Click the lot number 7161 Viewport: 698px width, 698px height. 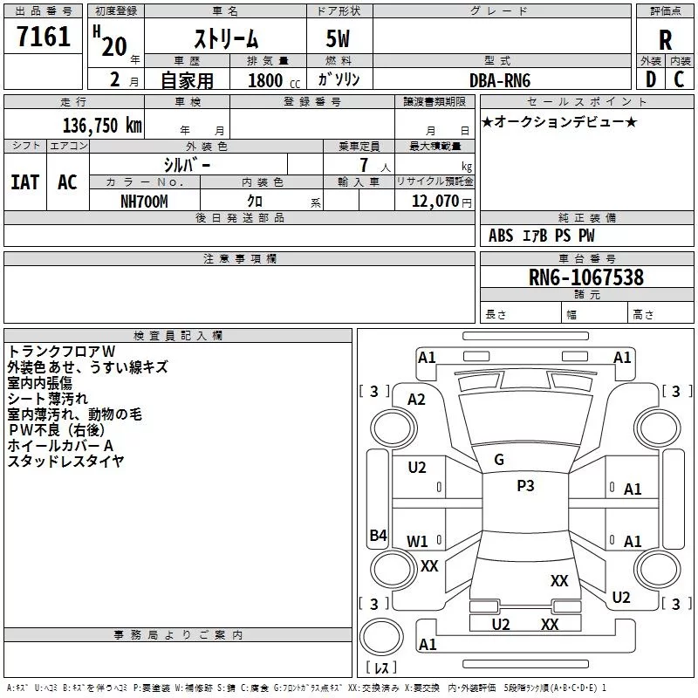click(x=44, y=38)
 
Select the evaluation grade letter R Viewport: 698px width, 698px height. click(x=665, y=40)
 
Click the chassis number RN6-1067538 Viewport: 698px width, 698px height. click(x=586, y=277)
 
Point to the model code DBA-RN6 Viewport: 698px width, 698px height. click(x=500, y=79)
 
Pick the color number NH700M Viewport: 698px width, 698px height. click(x=144, y=201)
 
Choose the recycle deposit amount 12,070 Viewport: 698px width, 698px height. click(x=433, y=201)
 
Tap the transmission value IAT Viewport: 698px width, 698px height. click(x=24, y=182)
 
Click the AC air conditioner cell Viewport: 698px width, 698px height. click(x=67, y=182)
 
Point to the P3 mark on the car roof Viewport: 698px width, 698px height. click(x=525, y=486)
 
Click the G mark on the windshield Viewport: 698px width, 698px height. click(x=499, y=460)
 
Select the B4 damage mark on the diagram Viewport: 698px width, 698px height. click(x=378, y=536)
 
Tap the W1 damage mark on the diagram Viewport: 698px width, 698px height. click(x=418, y=542)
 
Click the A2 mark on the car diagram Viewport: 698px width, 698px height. click(x=417, y=399)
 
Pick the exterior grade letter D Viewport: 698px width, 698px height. click(x=650, y=79)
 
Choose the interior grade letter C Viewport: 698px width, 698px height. click(x=679, y=79)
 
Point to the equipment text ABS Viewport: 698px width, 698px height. click(x=501, y=236)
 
